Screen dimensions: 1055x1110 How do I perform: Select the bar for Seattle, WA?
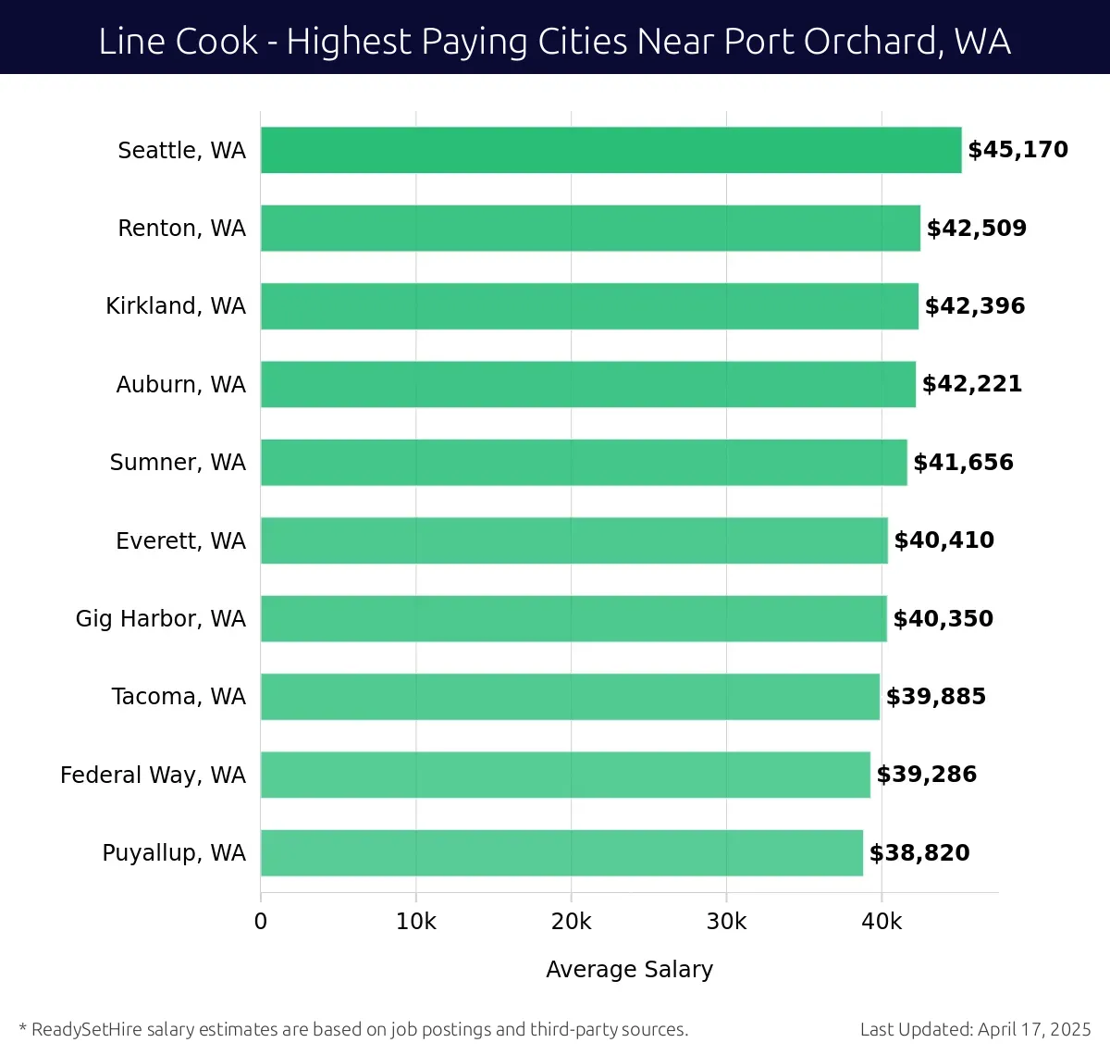(610, 150)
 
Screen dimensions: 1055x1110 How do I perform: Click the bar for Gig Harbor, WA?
(573, 618)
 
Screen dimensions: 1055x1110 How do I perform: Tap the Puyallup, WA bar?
(561, 852)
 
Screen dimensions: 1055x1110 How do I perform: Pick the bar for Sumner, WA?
(584, 462)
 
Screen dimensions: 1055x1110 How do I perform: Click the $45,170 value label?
(1017, 150)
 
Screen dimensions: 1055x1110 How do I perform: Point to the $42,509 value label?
(977, 228)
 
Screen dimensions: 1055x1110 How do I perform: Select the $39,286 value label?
(927, 775)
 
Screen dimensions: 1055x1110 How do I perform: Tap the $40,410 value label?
(944, 540)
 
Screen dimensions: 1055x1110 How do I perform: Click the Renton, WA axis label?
(181, 228)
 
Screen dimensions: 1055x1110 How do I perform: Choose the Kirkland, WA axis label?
(176, 306)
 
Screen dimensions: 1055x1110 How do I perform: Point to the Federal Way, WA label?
(153, 775)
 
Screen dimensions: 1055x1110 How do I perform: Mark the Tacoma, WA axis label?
(179, 697)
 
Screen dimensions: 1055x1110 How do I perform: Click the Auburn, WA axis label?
(180, 384)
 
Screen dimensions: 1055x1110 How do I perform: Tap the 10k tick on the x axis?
(415, 922)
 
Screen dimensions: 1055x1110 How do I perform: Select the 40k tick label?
(881, 922)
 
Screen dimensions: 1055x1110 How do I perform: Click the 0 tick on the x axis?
(261, 922)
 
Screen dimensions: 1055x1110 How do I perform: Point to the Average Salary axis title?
(629, 969)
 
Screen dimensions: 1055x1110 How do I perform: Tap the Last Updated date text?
(975, 1029)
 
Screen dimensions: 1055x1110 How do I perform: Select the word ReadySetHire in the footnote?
(87, 1029)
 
